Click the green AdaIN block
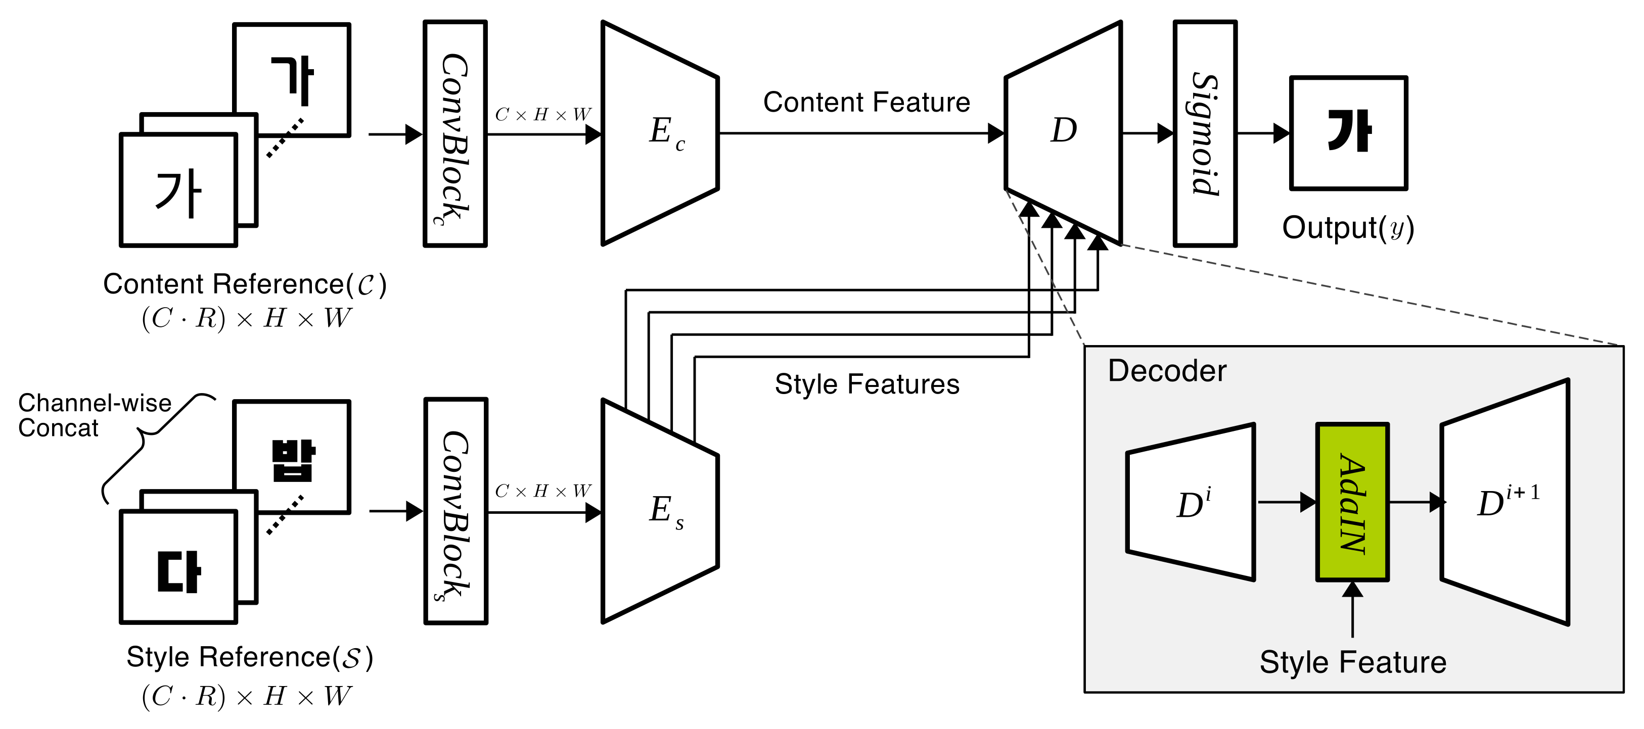click(1352, 502)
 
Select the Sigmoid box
click(1205, 133)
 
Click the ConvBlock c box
click(455, 133)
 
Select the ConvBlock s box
click(455, 511)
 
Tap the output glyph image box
click(1348, 133)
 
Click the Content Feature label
click(866, 102)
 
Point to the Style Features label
click(866, 384)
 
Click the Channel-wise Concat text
click(94, 415)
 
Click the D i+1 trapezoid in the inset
click(1505, 503)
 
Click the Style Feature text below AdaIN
click(1352, 662)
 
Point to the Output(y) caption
click(1348, 228)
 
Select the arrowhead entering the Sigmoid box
click(1166, 133)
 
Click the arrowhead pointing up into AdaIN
click(1352, 590)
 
